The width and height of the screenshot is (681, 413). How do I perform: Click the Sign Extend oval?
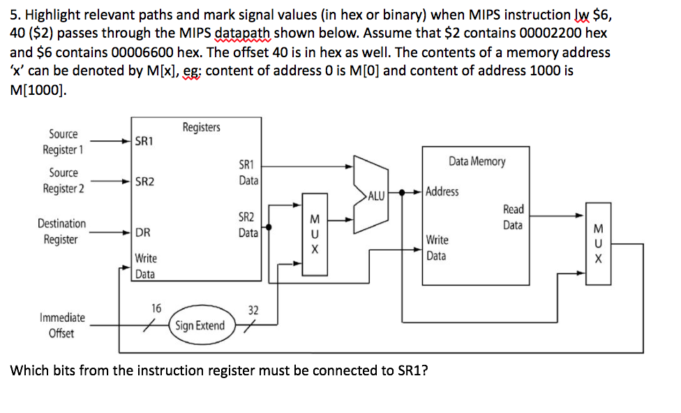pyautogui.click(x=200, y=325)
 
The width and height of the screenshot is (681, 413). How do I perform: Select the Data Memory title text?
pyautogui.click(x=477, y=161)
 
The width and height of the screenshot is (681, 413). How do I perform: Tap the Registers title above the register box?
pyautogui.click(x=201, y=127)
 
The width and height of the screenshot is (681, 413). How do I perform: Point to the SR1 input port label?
pyautogui.click(x=144, y=141)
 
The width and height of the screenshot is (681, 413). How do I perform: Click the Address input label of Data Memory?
pyautogui.click(x=442, y=191)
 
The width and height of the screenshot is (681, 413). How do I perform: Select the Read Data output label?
pyautogui.click(x=513, y=217)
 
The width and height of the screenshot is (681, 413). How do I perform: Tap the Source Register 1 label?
pyautogui.click(x=63, y=142)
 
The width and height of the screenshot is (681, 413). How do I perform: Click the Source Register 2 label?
pyautogui.click(x=63, y=181)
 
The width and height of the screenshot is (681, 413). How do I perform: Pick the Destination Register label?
pyautogui.click(x=61, y=232)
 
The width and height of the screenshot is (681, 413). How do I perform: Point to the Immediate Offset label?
pyautogui.click(x=62, y=325)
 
